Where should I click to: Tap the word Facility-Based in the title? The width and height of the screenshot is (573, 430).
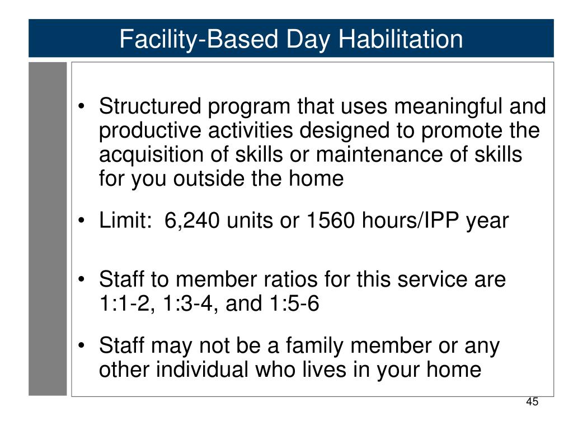click(200, 40)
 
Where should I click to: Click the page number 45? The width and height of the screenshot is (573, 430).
click(532, 401)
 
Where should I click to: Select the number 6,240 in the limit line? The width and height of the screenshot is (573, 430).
click(192, 221)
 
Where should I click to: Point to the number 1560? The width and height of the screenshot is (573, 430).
click(330, 220)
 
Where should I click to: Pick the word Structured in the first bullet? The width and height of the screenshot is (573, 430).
click(150, 106)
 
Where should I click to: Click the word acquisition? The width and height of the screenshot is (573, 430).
click(151, 155)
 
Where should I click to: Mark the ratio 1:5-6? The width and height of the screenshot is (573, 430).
click(294, 303)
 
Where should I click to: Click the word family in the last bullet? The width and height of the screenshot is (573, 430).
click(314, 346)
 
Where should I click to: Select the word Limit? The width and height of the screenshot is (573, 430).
click(125, 220)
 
